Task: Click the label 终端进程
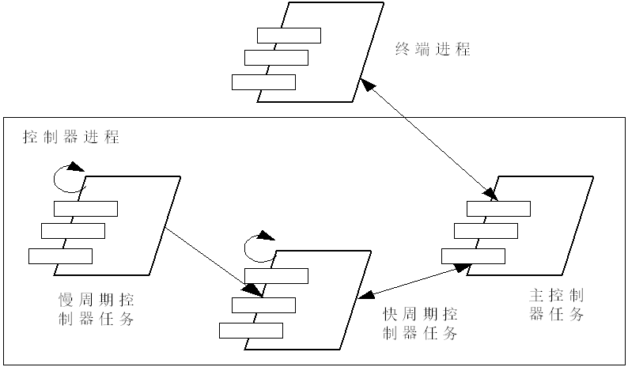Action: pos(433,50)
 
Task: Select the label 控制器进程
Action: pos(71,137)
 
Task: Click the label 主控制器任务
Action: pos(557,305)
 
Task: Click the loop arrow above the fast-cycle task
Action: pos(259,248)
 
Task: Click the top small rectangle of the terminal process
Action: pos(289,35)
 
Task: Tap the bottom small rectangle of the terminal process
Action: pos(263,81)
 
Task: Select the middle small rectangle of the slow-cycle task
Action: pos(73,231)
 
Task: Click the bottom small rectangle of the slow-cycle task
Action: pos(60,255)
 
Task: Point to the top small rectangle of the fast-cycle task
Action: pos(276,275)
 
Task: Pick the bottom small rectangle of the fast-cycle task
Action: pos(251,331)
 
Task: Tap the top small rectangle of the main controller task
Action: pos(498,207)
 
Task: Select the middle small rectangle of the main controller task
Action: pos(486,231)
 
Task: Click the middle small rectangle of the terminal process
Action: pos(276,58)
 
